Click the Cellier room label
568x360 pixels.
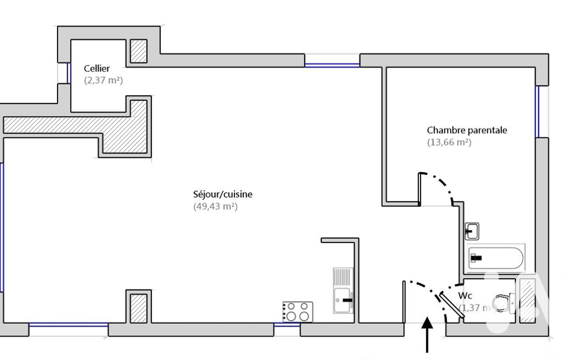click(x=96, y=68)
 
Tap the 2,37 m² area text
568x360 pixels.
click(x=103, y=80)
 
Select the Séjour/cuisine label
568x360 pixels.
click(x=215, y=194)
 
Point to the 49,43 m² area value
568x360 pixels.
click(x=215, y=207)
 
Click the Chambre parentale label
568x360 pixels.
click(x=467, y=130)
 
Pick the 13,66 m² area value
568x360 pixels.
click(x=449, y=142)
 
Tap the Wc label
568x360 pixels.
click(x=465, y=295)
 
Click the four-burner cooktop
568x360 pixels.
click(x=298, y=312)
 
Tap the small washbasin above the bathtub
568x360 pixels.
click(x=472, y=229)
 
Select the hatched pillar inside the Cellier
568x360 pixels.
click(x=139, y=51)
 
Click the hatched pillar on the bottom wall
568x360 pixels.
click(x=139, y=308)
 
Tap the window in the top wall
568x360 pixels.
click(x=332, y=65)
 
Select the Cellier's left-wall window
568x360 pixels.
click(x=69, y=73)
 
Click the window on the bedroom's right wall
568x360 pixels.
click(x=537, y=111)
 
